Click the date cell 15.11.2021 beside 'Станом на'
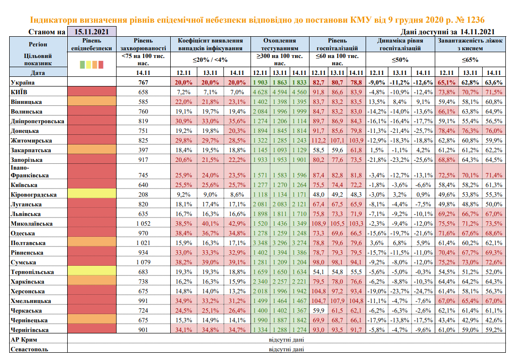(x=91, y=32)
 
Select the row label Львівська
(x=25, y=214)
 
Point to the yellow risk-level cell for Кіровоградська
(x=91, y=195)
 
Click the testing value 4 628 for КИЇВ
(x=260, y=92)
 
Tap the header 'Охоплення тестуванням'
(x=279, y=44)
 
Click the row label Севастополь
(x=29, y=349)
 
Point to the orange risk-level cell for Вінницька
(x=91, y=102)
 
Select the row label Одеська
(x=22, y=232)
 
